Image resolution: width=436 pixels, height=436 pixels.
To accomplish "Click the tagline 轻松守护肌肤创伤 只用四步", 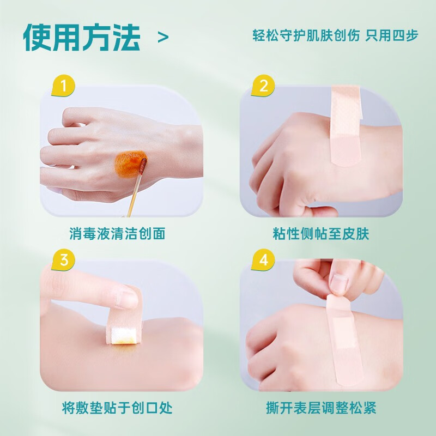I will (336, 35).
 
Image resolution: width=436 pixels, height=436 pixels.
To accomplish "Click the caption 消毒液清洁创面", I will (118, 234).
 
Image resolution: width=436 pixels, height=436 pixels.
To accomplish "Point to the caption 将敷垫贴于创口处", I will (118, 408).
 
